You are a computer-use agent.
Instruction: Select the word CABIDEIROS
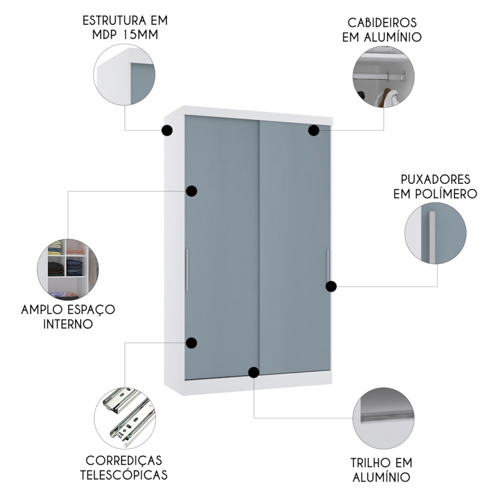(382, 23)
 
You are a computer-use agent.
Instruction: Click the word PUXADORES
(435, 179)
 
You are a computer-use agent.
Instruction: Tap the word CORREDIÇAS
(124, 461)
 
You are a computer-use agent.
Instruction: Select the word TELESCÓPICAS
(124, 475)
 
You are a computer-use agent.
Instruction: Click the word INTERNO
(68, 324)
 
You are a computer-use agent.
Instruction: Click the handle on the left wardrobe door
(187, 269)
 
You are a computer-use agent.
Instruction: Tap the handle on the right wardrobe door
(328, 265)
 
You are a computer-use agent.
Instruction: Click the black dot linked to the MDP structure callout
(167, 130)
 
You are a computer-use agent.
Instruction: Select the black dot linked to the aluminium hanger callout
(313, 130)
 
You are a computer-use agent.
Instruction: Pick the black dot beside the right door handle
(331, 286)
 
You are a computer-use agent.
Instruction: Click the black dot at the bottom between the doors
(253, 372)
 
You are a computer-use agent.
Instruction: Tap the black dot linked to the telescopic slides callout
(191, 343)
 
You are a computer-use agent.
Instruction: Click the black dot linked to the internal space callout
(192, 191)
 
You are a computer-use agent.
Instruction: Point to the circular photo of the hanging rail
(383, 77)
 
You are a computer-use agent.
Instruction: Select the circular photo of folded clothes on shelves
(68, 269)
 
